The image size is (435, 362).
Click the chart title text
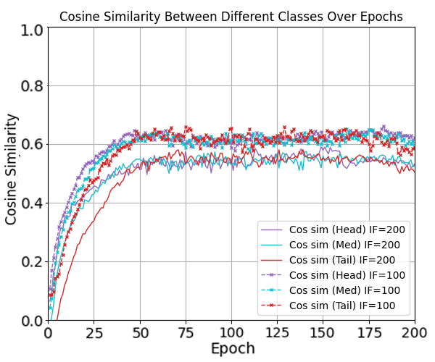click(x=231, y=16)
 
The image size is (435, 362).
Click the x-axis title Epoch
click(x=233, y=348)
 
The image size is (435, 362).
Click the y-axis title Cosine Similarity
click(x=12, y=173)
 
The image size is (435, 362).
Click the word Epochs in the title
click(x=381, y=16)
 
